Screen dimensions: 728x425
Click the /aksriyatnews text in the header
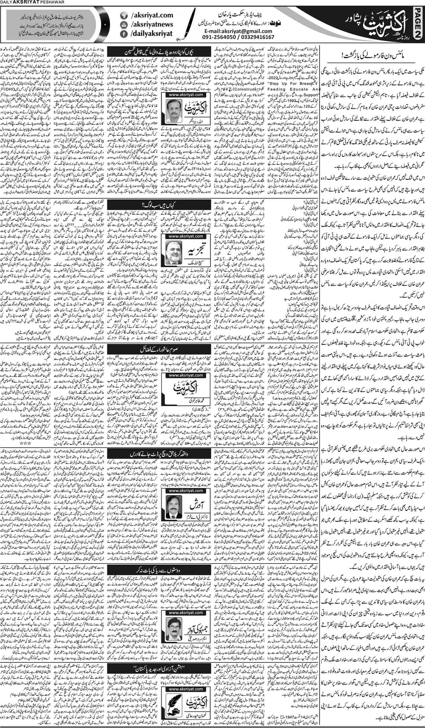(x=147, y=25)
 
